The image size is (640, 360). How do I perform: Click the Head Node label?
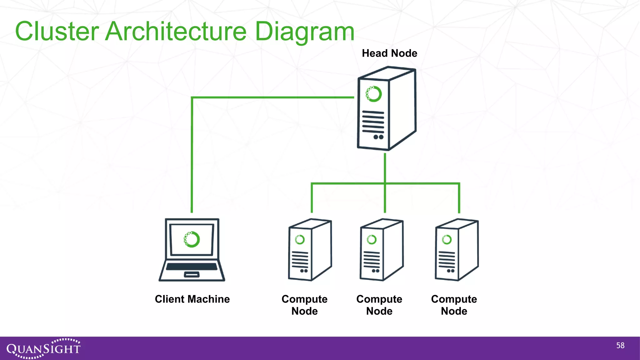coord(389,53)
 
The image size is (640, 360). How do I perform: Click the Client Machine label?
coord(192,299)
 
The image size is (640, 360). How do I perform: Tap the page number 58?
coord(620,345)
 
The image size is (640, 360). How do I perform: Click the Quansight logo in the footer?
coord(43,348)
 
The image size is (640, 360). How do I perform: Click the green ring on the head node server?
coord(374,94)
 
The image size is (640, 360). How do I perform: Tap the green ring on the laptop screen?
coord(192,239)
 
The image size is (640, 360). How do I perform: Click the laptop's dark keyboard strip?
coord(192,267)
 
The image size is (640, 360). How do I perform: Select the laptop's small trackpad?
coord(192,275)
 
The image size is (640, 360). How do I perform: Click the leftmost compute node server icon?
coord(309,250)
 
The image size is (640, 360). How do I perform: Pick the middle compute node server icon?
coord(381,250)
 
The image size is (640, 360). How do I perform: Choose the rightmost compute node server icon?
coord(456,250)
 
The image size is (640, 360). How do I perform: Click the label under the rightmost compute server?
coord(454,305)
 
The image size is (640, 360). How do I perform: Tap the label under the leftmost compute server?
coord(304,305)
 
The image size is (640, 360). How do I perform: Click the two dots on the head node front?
coord(378,137)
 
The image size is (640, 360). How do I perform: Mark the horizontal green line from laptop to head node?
coord(272,97)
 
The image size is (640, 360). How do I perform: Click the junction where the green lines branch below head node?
coord(385,183)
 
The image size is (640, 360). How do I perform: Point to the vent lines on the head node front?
coord(373,122)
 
